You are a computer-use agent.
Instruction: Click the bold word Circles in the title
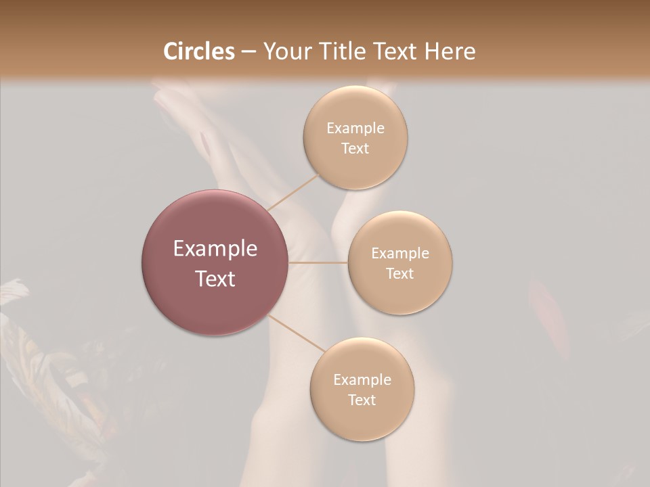[x=198, y=51]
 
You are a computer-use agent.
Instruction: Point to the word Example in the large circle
[x=215, y=249]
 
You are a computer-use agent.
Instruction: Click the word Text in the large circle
[x=215, y=279]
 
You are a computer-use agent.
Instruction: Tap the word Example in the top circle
[x=355, y=129]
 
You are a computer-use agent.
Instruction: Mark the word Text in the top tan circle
[x=355, y=149]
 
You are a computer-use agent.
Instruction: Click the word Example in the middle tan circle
[x=400, y=254]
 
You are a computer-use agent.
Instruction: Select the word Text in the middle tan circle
[x=400, y=274]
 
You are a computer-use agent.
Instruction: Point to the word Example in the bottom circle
[x=362, y=380]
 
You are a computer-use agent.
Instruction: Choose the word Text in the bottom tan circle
[x=362, y=400]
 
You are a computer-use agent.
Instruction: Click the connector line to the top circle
[x=292, y=192]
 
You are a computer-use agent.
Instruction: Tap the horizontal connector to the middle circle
[x=318, y=262]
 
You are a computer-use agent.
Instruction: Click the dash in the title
[x=248, y=52]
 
